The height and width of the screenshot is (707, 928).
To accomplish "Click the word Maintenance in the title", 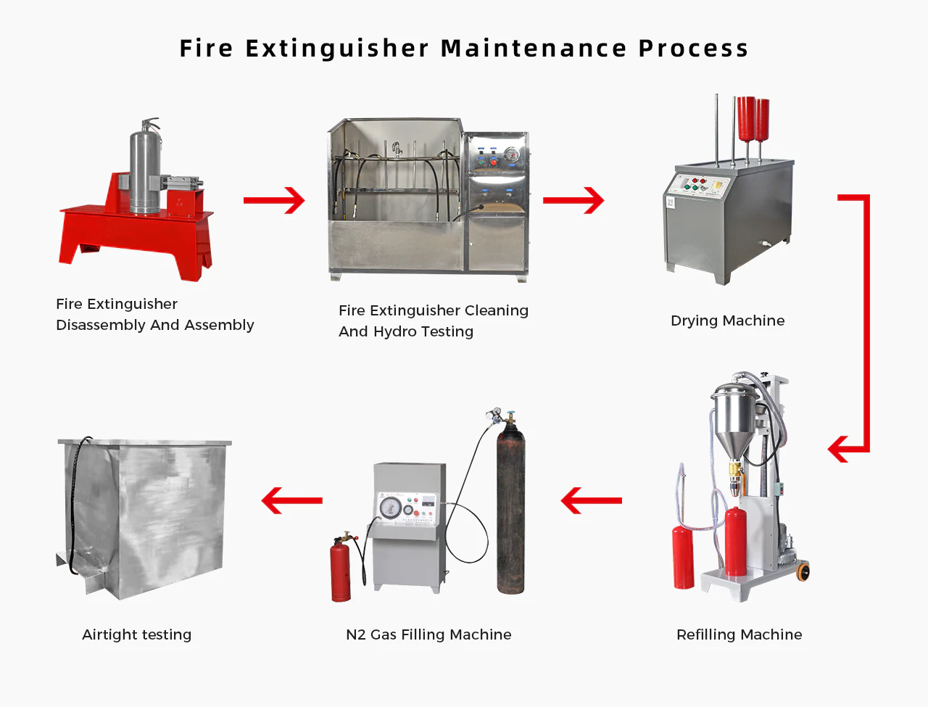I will pyautogui.click(x=534, y=48).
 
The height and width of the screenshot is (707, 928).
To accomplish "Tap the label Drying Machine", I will pyautogui.click(x=727, y=321).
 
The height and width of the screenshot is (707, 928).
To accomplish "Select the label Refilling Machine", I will pyautogui.click(x=739, y=634).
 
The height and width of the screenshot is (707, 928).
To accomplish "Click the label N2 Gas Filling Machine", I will pyautogui.click(x=428, y=634).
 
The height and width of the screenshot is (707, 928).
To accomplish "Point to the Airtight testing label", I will pyautogui.click(x=136, y=634).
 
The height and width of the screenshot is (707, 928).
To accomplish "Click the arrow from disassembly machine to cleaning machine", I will pyautogui.click(x=274, y=201).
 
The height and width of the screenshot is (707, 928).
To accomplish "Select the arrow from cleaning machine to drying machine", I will pyautogui.click(x=573, y=201).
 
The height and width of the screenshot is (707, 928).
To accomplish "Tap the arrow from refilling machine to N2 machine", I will pyautogui.click(x=591, y=500).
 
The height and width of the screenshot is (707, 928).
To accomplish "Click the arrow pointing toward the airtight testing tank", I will pyautogui.click(x=291, y=500).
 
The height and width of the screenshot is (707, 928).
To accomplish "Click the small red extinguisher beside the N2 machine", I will pyautogui.click(x=340, y=570).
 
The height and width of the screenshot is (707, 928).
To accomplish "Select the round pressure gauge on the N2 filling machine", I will pyautogui.click(x=390, y=507).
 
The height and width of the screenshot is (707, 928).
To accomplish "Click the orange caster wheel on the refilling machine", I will pyautogui.click(x=803, y=571).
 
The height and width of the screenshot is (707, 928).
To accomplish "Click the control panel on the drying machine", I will pyautogui.click(x=697, y=185).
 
